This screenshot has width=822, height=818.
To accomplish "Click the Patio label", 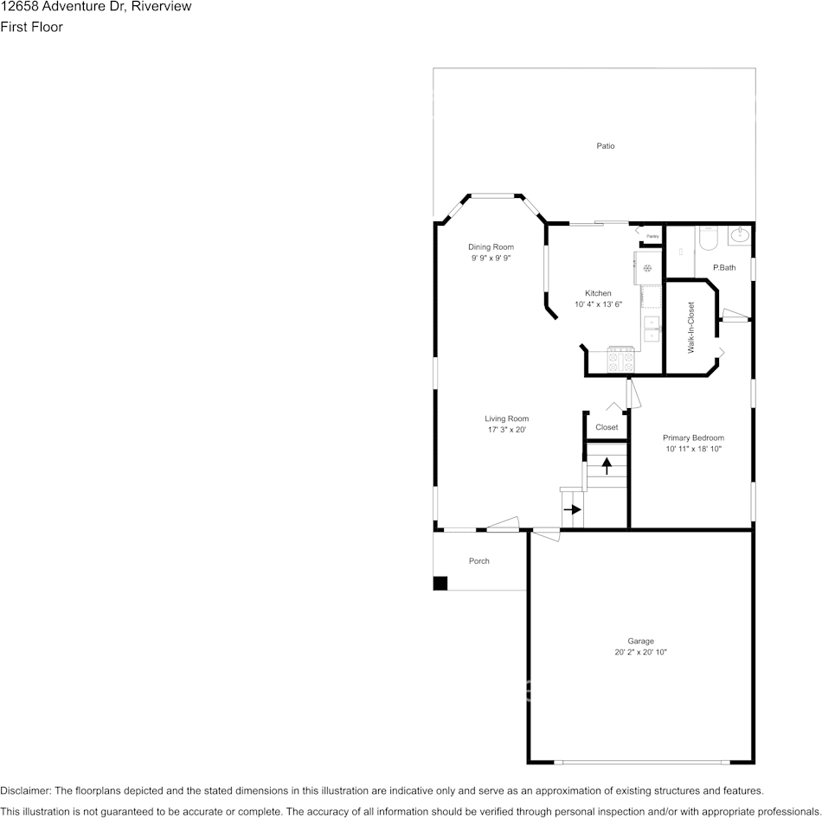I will tap(605, 146).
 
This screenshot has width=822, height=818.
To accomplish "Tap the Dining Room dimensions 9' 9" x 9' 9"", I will tap(491, 259).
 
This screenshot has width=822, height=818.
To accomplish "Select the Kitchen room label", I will tap(598, 293).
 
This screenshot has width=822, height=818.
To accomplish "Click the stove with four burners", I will tap(621, 359).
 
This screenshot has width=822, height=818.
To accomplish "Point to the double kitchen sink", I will tap(651, 330).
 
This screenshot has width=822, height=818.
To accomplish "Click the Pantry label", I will tap(652, 236).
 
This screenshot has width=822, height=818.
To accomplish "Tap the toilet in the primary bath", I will tap(708, 237).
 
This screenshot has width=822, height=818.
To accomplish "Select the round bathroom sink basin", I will tap(740, 234).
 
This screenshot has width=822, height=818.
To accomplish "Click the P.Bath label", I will tap(724, 267).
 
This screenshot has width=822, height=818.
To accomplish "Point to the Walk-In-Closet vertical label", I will tap(691, 328).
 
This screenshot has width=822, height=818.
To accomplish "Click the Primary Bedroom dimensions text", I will tap(693, 450).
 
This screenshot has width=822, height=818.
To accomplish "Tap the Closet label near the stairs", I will tap(607, 427).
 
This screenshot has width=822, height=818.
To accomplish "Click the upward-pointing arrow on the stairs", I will tap(607, 466).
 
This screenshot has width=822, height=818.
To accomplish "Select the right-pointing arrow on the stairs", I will tap(572, 509).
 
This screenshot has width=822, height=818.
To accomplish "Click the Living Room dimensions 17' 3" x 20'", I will tap(506, 430).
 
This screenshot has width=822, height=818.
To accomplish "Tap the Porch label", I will tap(478, 561).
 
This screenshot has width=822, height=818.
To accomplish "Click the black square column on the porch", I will tap(440, 584).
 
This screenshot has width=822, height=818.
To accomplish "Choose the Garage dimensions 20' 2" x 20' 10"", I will tap(640, 652).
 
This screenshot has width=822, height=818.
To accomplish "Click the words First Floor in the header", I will tap(31, 27).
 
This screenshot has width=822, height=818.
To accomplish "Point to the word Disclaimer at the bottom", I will tap(25, 790).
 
